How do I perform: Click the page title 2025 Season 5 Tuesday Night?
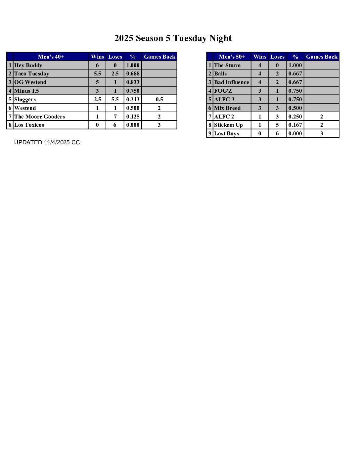173,38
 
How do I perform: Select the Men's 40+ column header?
51,57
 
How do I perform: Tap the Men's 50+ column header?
232,57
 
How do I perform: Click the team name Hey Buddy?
28,65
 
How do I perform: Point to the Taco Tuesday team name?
31,74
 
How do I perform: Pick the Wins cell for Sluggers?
97,99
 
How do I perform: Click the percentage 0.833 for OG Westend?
133,82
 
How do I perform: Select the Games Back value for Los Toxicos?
159,125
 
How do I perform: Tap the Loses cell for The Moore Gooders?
115,117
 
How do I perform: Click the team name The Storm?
227,65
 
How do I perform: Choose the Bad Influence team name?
231,82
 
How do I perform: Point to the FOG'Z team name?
223,91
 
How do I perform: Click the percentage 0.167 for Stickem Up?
295,125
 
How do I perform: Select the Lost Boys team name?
226,133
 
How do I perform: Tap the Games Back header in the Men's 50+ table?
321,57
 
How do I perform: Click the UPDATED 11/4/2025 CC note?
47,142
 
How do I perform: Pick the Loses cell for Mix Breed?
277,108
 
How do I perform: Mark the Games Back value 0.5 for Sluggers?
159,99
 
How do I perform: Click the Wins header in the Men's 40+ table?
97,57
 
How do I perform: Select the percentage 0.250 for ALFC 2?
295,117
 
